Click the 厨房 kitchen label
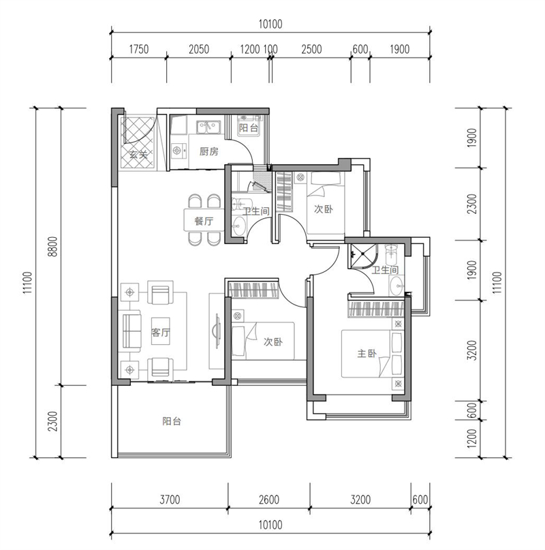coord(208,151)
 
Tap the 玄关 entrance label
coord(138,154)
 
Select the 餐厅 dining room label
coord(204,221)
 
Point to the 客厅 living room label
coord(161,332)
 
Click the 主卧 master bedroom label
coord(367,353)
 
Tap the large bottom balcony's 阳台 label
coord(172,421)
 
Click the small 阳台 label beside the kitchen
coord(248,128)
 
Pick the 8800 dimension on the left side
coord(52,247)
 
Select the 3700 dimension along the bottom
coord(170,499)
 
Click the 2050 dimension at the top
coord(199,50)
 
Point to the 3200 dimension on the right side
coord(472,350)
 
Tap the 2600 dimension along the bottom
coord(269,499)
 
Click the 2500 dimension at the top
coord(311,50)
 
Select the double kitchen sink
coord(208,127)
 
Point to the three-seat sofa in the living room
coord(130,331)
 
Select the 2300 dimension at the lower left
coord(52,421)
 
